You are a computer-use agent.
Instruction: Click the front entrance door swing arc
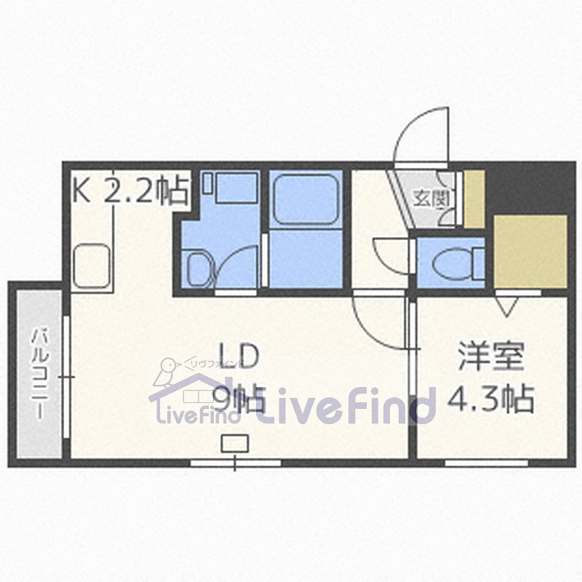[x=420, y=135]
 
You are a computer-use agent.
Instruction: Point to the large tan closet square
[x=530, y=250]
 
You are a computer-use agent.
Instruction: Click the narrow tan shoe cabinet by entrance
[x=474, y=198]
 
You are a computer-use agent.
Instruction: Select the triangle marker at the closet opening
[x=507, y=306]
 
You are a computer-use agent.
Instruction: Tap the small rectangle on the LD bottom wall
[x=234, y=442]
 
